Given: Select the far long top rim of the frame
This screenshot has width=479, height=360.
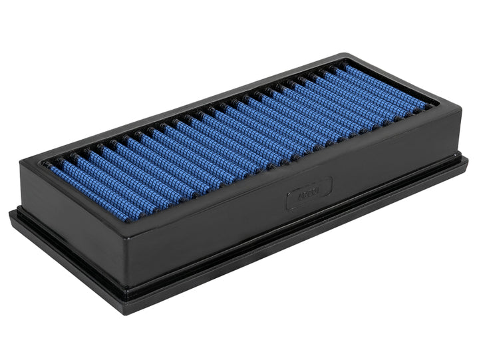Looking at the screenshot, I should pyautogui.click(x=200, y=100).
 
